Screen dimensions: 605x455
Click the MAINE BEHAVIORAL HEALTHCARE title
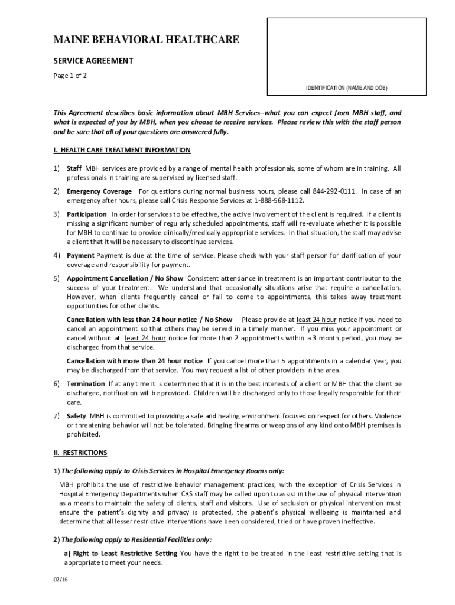tap(147, 40)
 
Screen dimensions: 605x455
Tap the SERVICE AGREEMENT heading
tap(93, 61)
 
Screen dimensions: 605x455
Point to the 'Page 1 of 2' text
tap(70, 76)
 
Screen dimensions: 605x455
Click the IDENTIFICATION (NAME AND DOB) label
tap(347, 87)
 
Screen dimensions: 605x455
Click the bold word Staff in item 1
tap(74, 168)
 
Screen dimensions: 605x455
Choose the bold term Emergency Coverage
tap(99, 191)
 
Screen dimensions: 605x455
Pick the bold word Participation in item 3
tap(87, 214)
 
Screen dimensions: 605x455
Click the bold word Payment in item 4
tap(80, 255)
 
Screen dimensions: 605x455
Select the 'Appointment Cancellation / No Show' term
tap(125, 278)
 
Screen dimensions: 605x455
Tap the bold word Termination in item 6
tap(86, 383)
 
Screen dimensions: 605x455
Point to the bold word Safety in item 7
tap(77, 416)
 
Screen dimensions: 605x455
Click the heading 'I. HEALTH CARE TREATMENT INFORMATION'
tap(122, 150)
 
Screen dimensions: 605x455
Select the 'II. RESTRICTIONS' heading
tap(80, 453)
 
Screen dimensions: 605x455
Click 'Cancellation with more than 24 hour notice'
tap(134, 360)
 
